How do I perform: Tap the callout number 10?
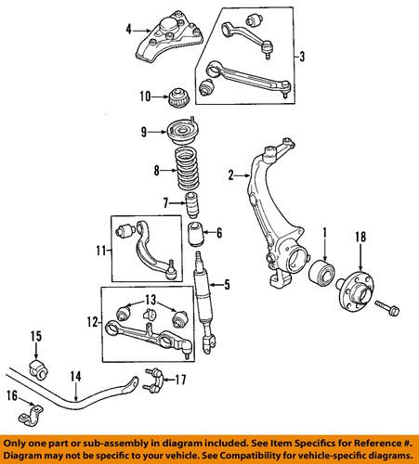(144, 96)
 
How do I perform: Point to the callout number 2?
(229, 174)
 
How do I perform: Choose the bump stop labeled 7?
(190, 205)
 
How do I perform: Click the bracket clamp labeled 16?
(38, 409)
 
